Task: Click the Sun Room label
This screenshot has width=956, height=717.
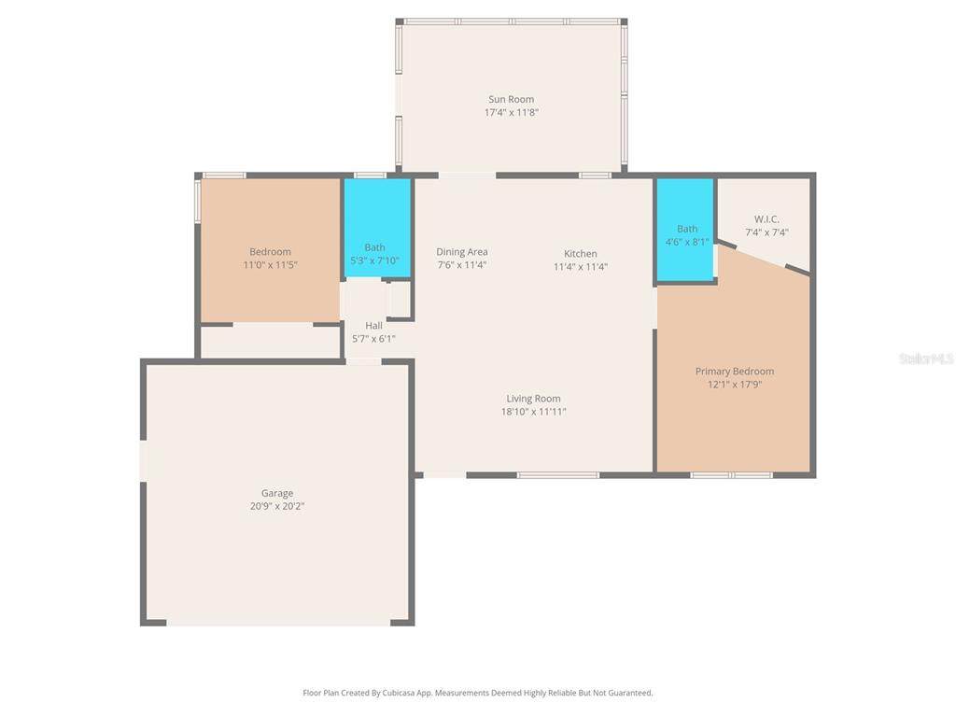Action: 511,99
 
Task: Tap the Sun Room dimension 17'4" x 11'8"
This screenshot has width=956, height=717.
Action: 511,112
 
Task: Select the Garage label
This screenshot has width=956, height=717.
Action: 276,493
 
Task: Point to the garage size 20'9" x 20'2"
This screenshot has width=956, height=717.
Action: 276,506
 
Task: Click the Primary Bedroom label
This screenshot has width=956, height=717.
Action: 735,371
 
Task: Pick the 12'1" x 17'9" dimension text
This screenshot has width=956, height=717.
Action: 735,384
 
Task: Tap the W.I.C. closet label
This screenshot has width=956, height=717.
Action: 766,218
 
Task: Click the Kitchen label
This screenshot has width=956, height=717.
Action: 581,253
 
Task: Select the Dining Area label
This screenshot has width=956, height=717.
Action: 461,251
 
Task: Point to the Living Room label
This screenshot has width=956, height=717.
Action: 533,398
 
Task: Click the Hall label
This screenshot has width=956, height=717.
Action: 373,325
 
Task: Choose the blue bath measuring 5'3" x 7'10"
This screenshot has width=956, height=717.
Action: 377,228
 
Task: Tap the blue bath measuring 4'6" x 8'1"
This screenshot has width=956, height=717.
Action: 685,230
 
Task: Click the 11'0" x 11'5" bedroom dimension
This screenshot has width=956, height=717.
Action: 270,264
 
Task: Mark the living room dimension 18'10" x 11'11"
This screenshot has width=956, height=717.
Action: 533,412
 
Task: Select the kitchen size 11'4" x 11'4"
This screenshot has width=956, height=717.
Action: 581,266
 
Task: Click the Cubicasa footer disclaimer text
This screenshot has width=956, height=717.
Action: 477,693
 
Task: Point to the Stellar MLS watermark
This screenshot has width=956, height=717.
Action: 927,358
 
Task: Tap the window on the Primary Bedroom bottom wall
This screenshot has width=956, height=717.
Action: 732,475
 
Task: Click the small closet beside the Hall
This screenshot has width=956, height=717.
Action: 400,300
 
